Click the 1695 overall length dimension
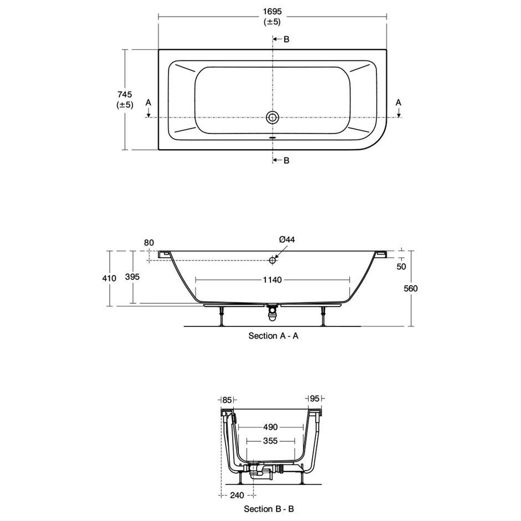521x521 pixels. click(272, 11)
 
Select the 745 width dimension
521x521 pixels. click(125, 94)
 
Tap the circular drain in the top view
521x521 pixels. click(273, 117)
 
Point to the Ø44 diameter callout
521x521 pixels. click(287, 239)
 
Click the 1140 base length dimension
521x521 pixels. click(273, 280)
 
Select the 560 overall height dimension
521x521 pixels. click(411, 288)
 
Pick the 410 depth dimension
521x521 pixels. click(109, 278)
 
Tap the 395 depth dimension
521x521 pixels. click(132, 277)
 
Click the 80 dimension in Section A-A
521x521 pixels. click(149, 243)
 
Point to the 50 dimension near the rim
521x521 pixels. click(401, 267)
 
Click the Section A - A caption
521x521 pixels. click(273, 336)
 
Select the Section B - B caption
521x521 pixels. click(269, 509)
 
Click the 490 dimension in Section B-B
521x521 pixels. click(270, 427)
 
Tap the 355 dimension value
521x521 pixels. click(270, 441)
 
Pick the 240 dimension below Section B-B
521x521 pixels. click(237, 495)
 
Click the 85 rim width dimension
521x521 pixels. click(227, 400)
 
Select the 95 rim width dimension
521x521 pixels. click(314, 398)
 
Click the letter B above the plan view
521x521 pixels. click(287, 39)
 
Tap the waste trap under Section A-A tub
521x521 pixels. click(273, 313)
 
